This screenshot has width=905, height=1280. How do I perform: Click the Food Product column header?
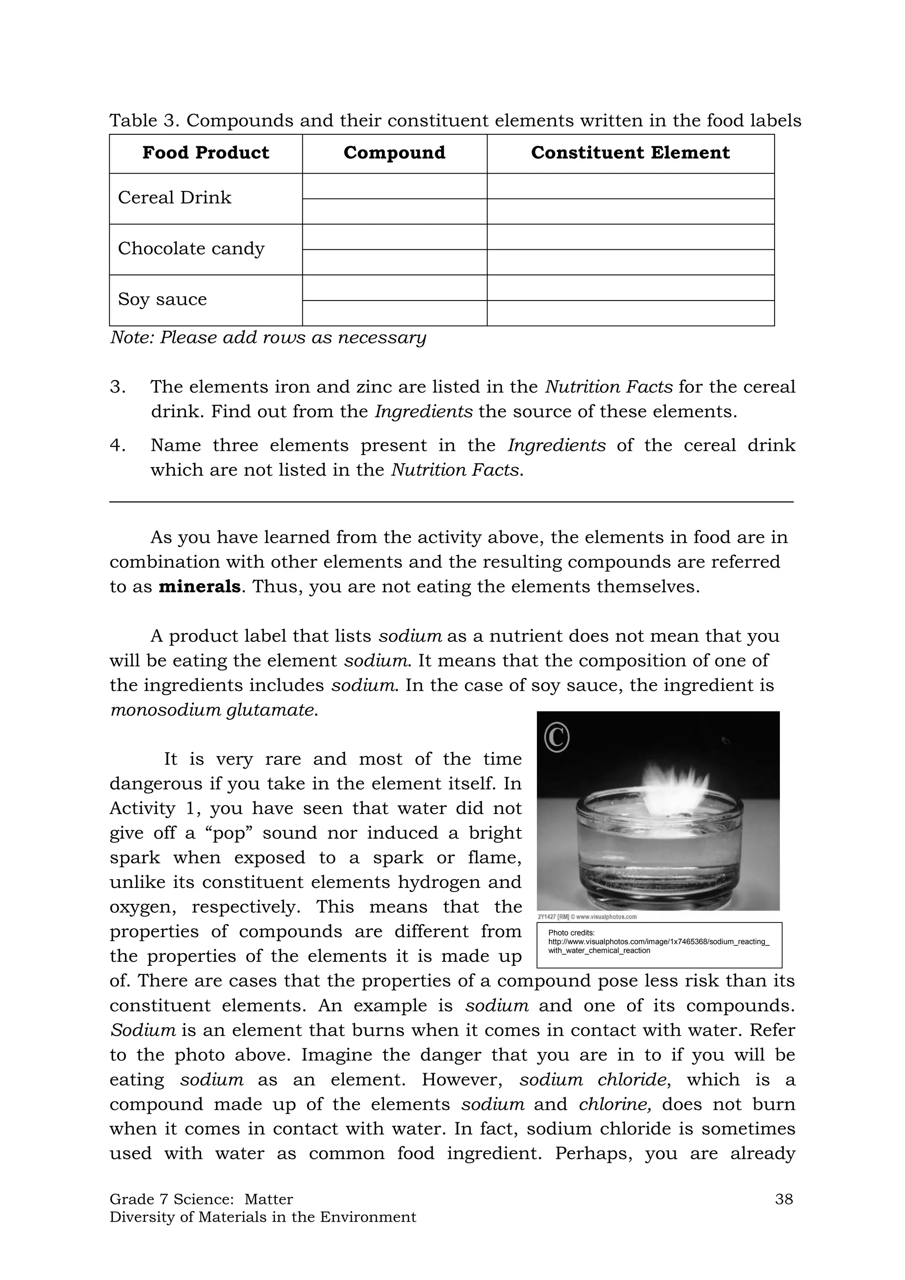[205, 153]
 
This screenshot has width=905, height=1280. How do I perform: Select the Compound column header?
[394, 153]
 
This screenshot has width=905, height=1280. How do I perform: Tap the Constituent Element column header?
[630, 153]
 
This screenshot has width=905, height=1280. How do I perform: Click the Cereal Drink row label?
[175, 198]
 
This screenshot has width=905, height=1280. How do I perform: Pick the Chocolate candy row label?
[191, 249]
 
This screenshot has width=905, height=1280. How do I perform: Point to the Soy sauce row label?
[162, 299]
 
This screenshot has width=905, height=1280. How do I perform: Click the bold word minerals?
[199, 587]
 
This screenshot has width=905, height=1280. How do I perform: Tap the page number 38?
[783, 1199]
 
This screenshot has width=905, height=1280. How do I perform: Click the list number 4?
[117, 446]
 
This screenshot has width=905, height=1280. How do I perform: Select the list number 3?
[117, 387]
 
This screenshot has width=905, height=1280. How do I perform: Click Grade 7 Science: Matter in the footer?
[201, 1199]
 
